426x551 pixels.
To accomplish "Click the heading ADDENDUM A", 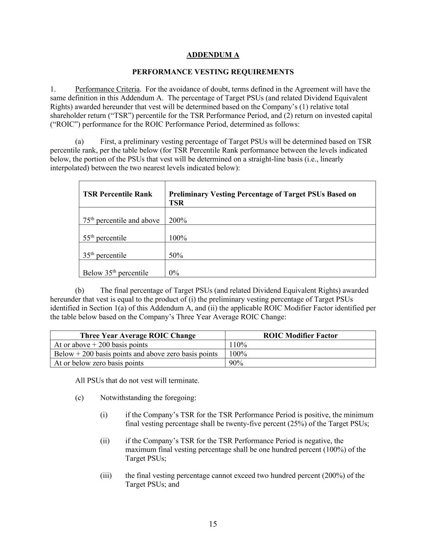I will point(213,55).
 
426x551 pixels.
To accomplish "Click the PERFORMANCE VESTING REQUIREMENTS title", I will point(213,72).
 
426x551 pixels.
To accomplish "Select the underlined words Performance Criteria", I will point(107,89).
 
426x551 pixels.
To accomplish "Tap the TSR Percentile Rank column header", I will point(118,194).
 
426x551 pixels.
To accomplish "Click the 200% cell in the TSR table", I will point(178,220).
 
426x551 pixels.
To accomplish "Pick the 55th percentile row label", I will point(105,238).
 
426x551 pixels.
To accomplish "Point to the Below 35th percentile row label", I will point(115,273).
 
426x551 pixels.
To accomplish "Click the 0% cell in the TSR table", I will point(174,273).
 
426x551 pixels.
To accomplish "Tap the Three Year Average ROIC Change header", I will point(138,335).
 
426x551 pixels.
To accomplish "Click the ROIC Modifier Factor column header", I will point(300,335).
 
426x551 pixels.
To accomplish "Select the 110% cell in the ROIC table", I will point(238,345).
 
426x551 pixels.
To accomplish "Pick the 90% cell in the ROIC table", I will point(236,363).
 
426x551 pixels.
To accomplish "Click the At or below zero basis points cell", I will point(99,363).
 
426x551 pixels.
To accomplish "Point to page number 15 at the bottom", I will point(213,524).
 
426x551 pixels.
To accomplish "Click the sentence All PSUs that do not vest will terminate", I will point(137,381).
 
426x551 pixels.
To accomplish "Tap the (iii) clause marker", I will point(106,476).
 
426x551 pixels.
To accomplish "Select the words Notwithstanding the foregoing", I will point(148,398).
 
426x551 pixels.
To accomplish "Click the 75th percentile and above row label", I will point(121,220).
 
